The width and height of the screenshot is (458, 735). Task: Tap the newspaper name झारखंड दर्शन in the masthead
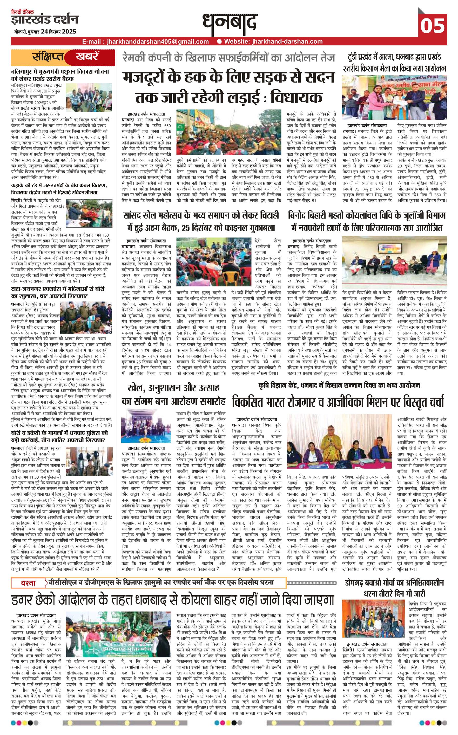(45, 20)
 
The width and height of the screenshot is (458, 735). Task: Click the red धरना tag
(28, 583)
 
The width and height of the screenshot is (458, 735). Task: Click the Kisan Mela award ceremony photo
(394, 98)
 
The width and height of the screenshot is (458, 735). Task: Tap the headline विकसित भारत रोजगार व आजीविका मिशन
(338, 402)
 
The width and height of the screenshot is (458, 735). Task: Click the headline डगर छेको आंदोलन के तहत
(173, 600)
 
